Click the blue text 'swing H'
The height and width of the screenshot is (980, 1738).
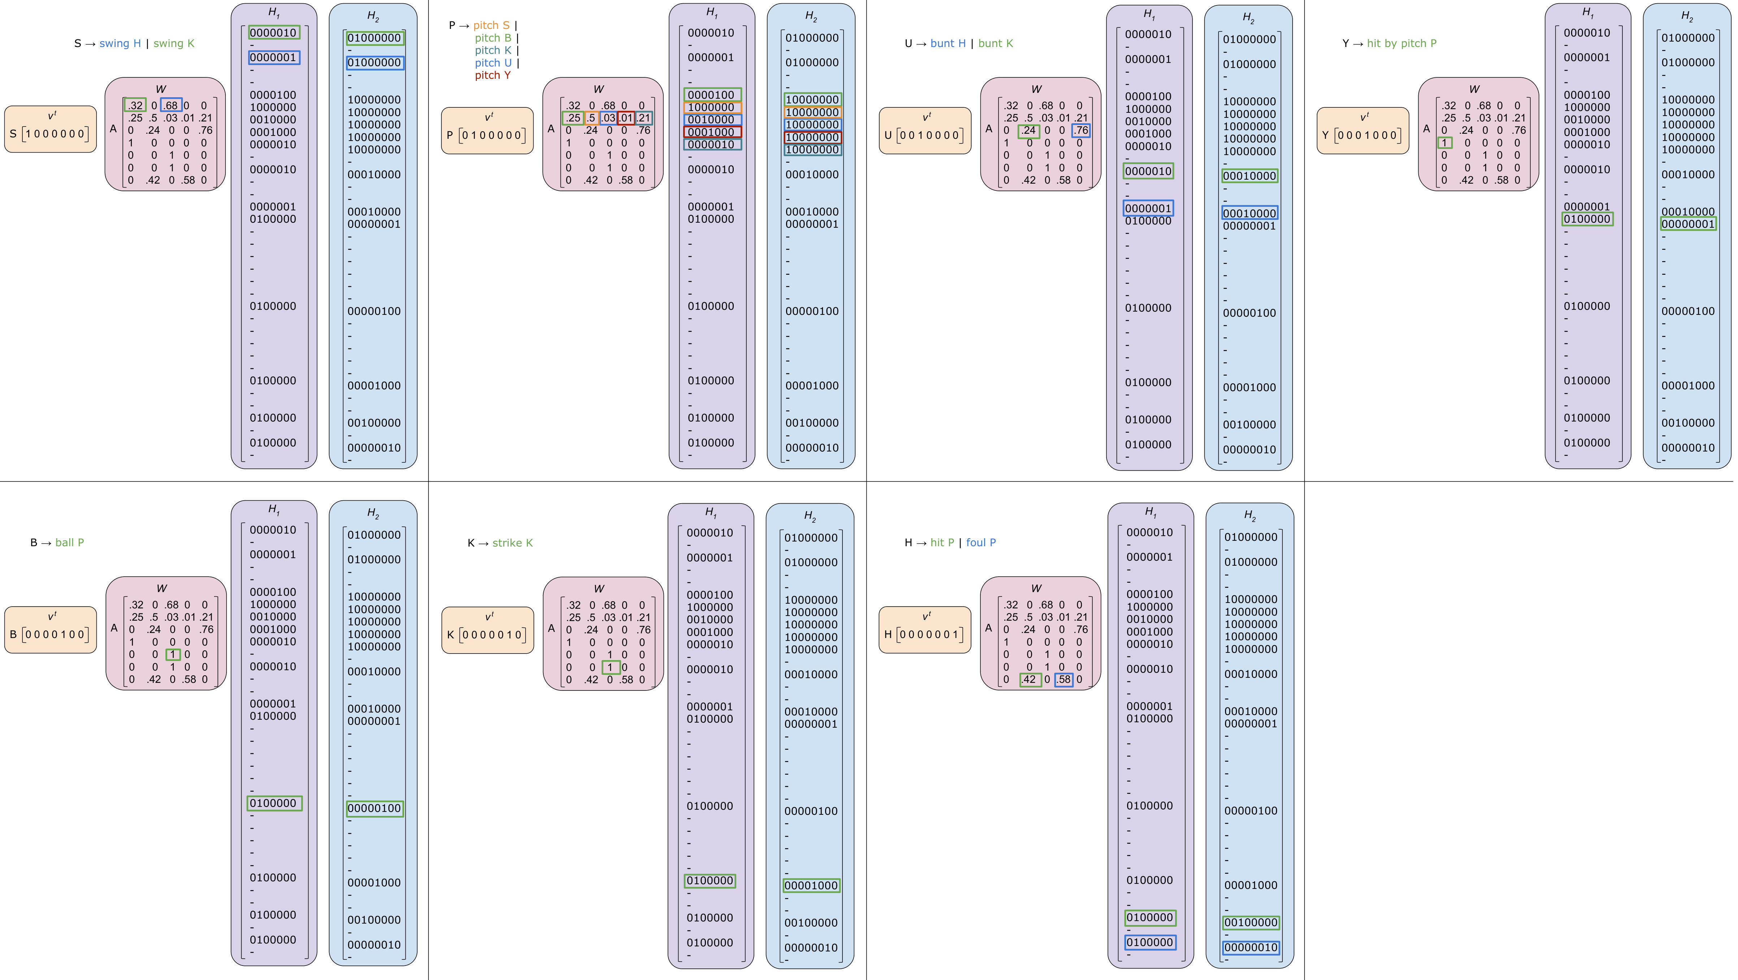(120, 43)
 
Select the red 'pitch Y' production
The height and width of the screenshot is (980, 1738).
(492, 75)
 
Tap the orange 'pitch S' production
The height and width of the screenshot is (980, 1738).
(491, 25)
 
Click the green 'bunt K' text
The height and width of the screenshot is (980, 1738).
(995, 43)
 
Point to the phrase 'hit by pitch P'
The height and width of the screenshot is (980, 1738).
(1401, 43)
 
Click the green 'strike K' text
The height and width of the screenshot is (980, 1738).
(512, 543)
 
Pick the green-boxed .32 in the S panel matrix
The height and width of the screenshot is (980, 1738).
(135, 105)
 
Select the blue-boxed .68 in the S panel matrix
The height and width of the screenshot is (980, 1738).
(171, 105)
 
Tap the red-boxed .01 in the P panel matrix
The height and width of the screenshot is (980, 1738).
(626, 118)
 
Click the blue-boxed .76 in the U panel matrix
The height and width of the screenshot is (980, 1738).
(1081, 130)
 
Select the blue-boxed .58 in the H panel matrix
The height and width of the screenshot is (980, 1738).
(1064, 679)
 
